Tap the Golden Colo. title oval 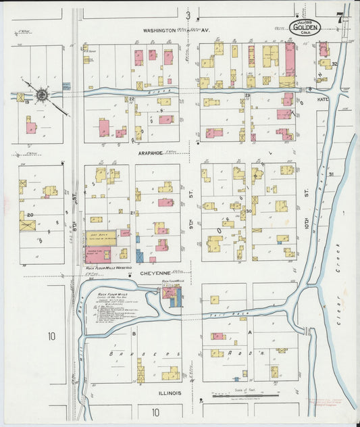tap(305, 27)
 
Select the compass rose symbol tap(43, 95)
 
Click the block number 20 tap(30, 215)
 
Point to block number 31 tap(331, 175)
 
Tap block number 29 tap(247, 97)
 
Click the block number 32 tap(334, 64)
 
